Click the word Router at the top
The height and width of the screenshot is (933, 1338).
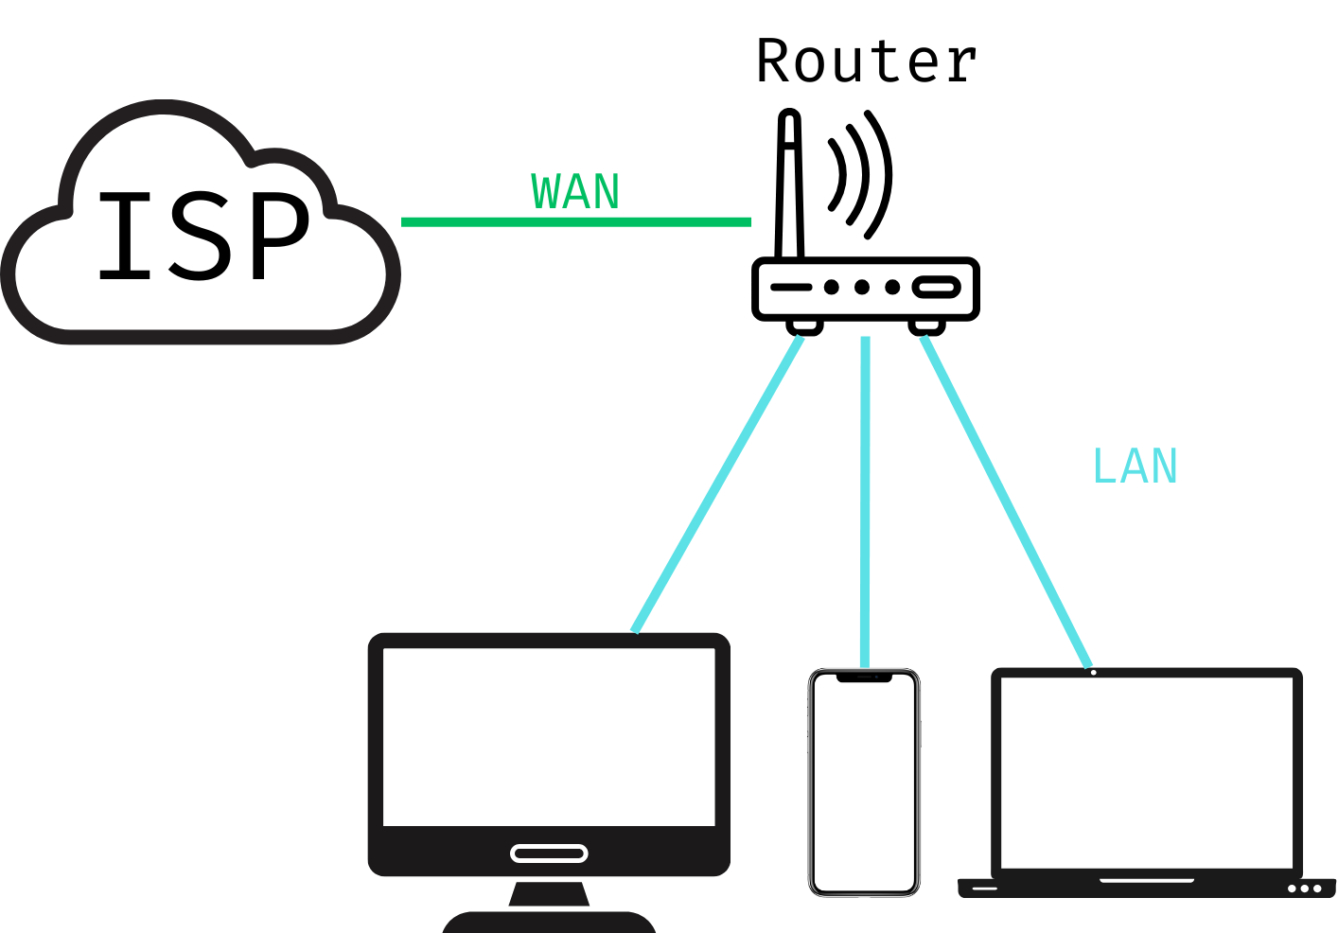point(866,62)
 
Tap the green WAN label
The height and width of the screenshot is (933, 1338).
point(575,192)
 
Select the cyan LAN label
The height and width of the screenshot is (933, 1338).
point(1135,466)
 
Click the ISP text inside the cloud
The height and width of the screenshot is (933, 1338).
point(203,236)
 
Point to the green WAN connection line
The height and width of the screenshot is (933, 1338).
point(575,222)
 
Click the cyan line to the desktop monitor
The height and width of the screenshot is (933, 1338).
point(717,484)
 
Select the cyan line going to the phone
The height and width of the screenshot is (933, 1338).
point(865,502)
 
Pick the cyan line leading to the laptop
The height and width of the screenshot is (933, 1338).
point(1006,502)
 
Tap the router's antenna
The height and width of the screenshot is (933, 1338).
point(789,185)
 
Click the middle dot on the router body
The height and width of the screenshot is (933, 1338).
point(862,287)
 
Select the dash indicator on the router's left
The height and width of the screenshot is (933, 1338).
point(791,287)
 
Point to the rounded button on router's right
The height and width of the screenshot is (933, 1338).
point(936,287)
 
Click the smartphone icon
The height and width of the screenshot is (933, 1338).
point(864,783)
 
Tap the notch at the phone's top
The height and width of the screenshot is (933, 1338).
point(864,678)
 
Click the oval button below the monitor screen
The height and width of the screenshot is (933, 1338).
point(549,854)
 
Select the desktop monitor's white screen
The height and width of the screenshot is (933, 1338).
point(549,736)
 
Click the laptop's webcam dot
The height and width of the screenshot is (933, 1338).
point(1093,673)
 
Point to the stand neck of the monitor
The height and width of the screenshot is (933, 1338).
point(549,893)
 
